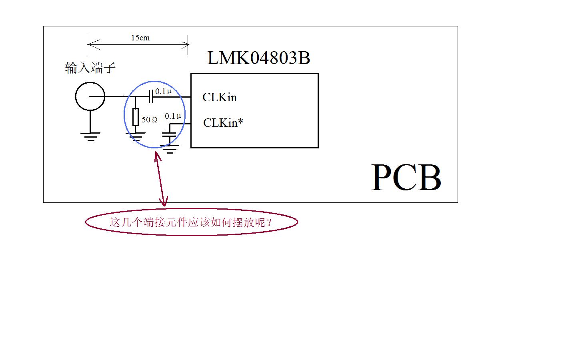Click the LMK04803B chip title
point(259,58)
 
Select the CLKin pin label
point(220,97)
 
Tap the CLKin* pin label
point(223,122)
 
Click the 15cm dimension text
point(140,38)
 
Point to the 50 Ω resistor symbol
point(136,117)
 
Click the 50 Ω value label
point(150,120)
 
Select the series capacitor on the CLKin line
point(151,96)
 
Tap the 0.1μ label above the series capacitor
point(163,91)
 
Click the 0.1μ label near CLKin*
point(173,116)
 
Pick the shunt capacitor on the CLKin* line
point(169,135)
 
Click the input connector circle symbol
point(90,96)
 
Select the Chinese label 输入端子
point(90,68)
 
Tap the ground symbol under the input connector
point(90,137)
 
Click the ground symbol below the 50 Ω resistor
point(136,137)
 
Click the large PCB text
point(406,178)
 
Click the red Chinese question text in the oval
point(191,222)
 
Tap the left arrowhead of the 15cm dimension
point(93,44)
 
